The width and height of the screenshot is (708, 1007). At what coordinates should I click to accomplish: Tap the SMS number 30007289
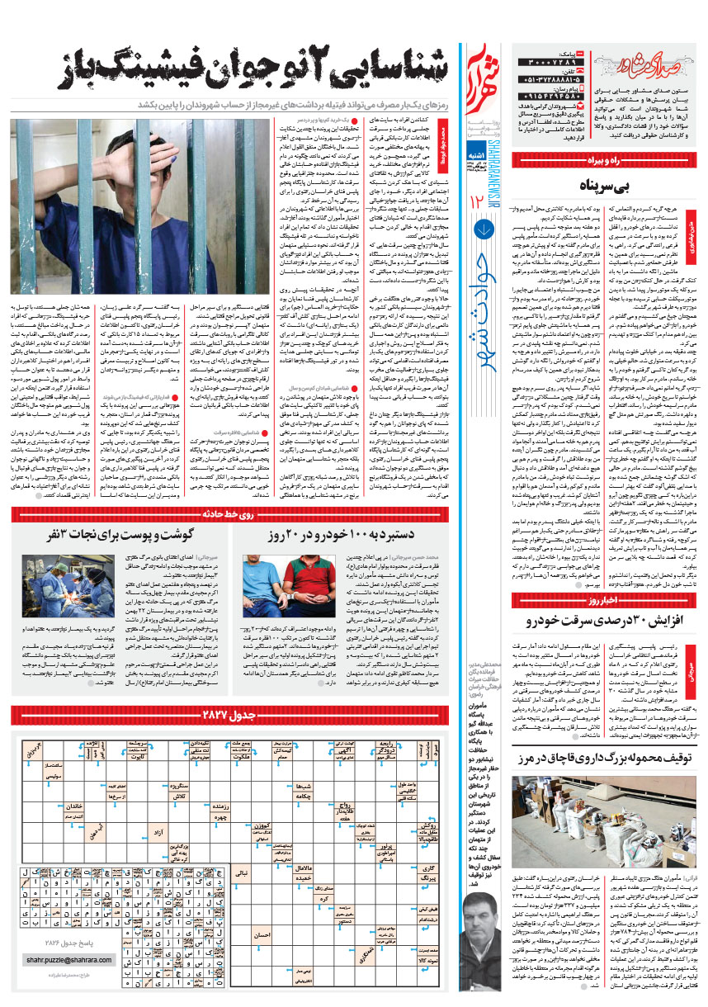pos(552,63)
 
